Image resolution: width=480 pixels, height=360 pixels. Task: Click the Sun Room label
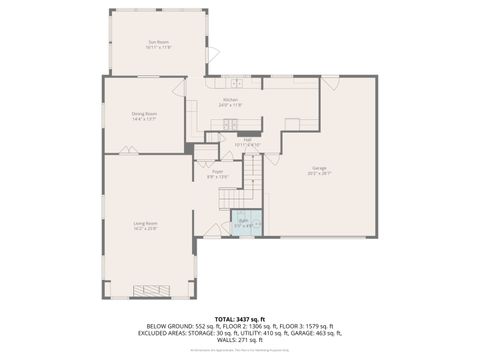[159, 41]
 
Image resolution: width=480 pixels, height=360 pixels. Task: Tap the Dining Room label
[144, 114]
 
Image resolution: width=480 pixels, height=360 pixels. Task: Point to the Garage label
[319, 168]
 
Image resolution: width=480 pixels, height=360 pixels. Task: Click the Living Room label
[145, 223]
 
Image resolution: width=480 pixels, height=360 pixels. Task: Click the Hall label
[246, 139]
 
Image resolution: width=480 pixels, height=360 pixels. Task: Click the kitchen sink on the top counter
[228, 82]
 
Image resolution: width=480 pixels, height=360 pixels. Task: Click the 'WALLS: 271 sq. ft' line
[240, 339]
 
